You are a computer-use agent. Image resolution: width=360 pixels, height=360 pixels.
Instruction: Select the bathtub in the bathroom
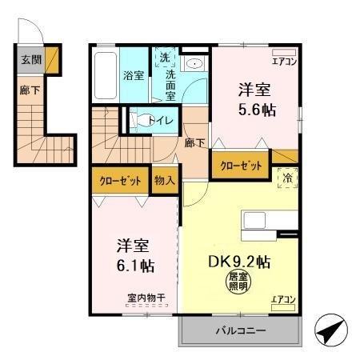[105, 76]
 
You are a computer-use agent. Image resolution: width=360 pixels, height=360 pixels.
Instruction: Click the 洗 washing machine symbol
[164, 58]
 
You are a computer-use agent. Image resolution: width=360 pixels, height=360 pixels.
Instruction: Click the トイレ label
[161, 122]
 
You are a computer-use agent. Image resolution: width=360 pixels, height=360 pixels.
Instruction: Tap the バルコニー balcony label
[240, 330]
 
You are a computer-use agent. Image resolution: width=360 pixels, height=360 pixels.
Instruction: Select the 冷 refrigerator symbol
[286, 178]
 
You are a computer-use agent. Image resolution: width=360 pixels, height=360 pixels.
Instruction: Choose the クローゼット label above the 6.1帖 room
[120, 181]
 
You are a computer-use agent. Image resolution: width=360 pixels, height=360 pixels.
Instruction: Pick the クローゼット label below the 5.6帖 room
[240, 166]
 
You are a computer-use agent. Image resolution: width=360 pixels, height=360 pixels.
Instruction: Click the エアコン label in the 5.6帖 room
[284, 61]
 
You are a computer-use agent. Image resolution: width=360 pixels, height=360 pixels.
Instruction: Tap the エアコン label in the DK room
[283, 299]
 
